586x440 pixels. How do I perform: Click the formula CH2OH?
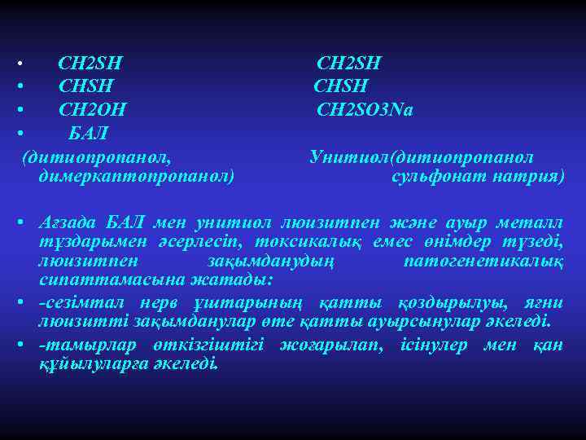[92, 108]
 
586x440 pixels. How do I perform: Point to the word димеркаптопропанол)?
[137, 175]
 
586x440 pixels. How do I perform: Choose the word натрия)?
[528, 175]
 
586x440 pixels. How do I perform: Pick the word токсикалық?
[308, 243]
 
